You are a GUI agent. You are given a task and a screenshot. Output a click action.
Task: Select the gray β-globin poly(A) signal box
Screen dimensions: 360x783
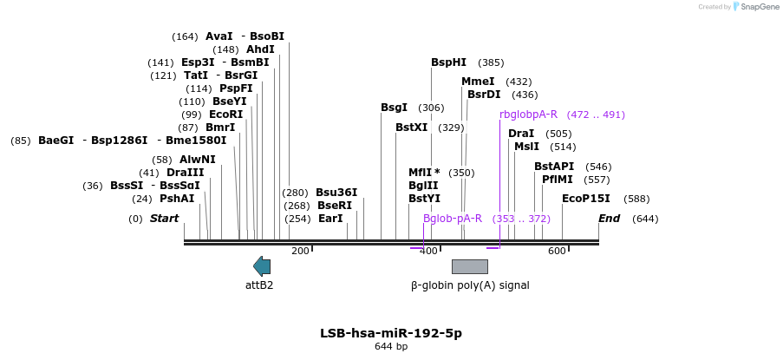(x=469, y=266)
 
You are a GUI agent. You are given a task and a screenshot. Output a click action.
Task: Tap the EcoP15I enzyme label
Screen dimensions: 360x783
(x=586, y=199)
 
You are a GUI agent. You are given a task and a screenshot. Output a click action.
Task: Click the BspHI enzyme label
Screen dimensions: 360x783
(x=448, y=62)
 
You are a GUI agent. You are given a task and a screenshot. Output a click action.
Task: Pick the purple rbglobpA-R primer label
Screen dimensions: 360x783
(x=528, y=115)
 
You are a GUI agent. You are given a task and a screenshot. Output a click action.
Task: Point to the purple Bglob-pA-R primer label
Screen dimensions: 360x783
(x=453, y=219)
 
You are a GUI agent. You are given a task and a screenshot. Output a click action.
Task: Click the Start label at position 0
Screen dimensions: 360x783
(x=164, y=219)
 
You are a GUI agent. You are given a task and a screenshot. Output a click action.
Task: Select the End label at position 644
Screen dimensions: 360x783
(x=609, y=219)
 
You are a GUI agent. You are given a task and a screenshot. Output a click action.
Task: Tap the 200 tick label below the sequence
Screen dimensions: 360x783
(x=300, y=252)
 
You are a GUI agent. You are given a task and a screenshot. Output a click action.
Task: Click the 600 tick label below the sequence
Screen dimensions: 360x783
(x=557, y=252)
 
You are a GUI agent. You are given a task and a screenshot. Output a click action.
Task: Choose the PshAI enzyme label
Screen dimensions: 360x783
(x=177, y=199)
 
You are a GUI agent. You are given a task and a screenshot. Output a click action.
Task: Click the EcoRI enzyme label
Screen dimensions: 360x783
(x=225, y=115)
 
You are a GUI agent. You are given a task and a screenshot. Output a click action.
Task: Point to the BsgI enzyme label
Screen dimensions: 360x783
(x=394, y=108)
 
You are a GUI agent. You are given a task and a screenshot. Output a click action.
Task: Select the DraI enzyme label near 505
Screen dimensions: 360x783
(x=521, y=134)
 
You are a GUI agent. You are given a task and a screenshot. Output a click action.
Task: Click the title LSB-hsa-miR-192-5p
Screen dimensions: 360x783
(x=391, y=333)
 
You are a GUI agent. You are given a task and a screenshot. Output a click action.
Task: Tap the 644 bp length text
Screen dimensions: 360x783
(x=391, y=347)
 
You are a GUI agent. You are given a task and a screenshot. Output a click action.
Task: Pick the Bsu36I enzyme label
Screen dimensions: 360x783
(x=336, y=193)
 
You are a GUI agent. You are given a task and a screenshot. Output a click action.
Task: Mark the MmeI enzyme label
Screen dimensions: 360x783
(x=478, y=82)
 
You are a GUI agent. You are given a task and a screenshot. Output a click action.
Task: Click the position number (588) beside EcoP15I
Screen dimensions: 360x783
(x=636, y=200)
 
